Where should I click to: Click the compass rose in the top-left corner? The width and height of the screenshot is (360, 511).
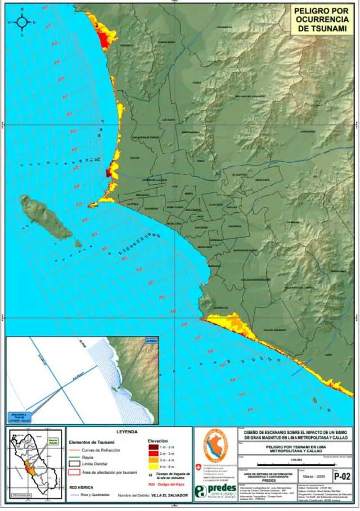coord(22,22)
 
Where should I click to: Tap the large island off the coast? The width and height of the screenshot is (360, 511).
coord(46,217)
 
